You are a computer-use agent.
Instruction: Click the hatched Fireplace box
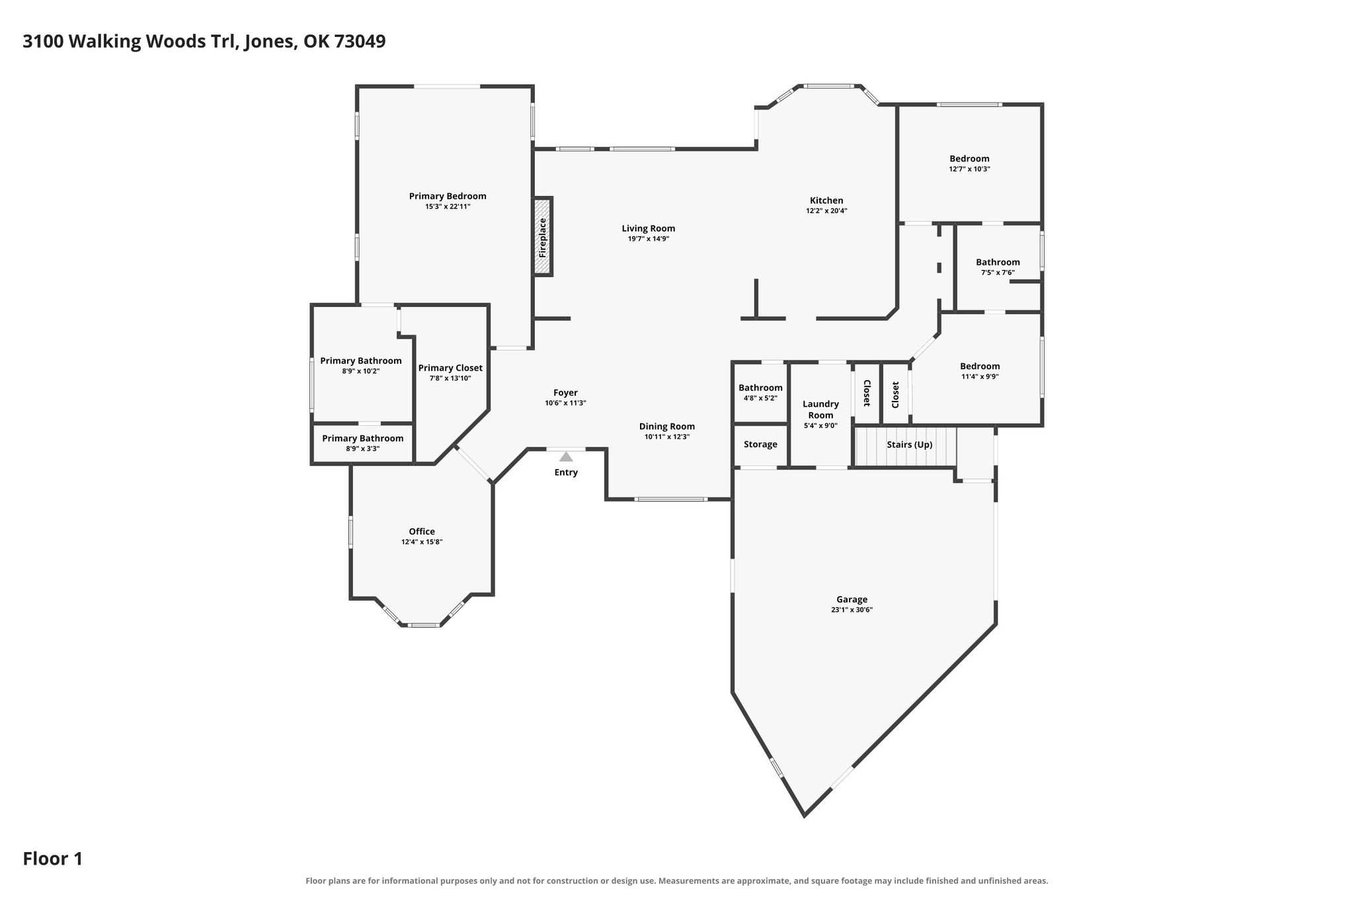tap(543, 236)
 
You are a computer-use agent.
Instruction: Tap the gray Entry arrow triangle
tap(566, 456)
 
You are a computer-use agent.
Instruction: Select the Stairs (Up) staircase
tap(906, 446)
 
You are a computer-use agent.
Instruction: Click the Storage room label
tap(760, 445)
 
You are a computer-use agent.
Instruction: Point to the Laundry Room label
tap(820, 409)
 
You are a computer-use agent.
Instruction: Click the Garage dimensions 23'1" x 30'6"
tap(852, 610)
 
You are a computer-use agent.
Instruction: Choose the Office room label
tap(422, 531)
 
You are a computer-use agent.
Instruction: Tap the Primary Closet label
tap(450, 368)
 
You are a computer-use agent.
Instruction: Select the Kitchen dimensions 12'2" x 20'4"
tap(826, 211)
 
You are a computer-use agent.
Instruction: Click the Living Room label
tap(649, 228)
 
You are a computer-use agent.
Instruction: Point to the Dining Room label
tap(667, 426)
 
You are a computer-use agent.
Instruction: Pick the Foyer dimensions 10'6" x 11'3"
tap(565, 403)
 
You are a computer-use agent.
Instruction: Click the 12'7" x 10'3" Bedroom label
tap(969, 158)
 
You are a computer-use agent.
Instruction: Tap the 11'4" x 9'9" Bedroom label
tap(980, 366)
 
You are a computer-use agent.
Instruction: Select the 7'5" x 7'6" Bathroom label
tap(998, 262)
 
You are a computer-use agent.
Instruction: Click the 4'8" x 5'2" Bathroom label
tap(760, 388)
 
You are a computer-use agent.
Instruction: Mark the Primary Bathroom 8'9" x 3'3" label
tap(362, 438)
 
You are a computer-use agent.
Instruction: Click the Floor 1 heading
tap(53, 859)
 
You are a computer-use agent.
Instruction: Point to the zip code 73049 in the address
tap(360, 41)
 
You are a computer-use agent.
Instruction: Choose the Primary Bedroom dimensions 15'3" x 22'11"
tap(448, 206)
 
